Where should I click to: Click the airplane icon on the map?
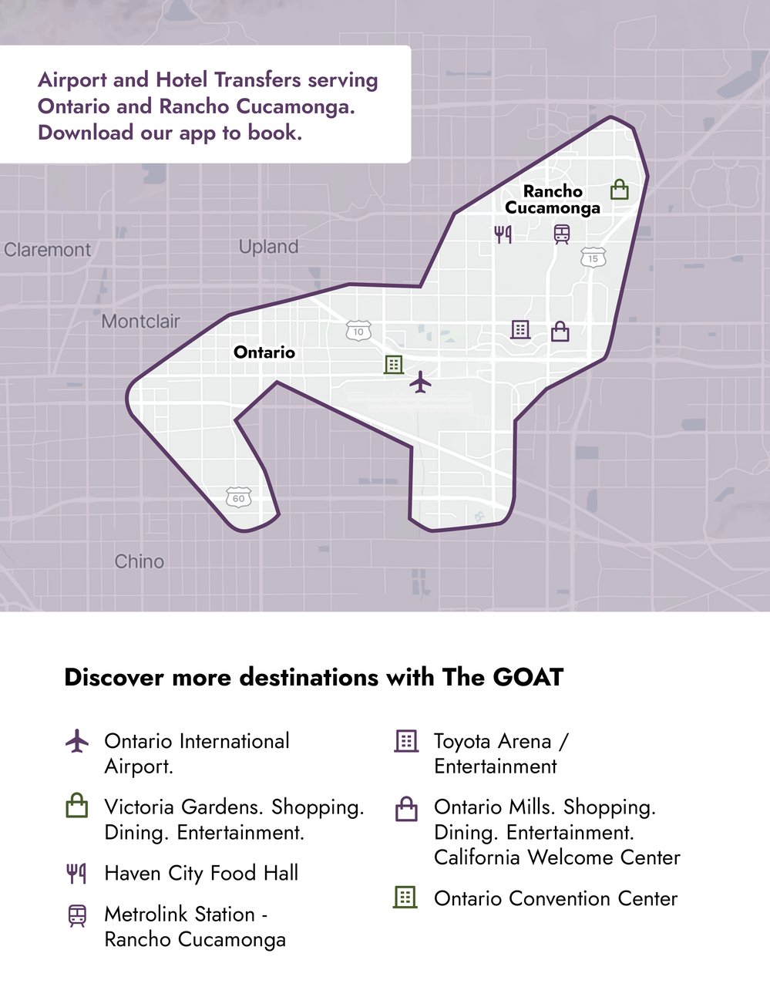(x=420, y=382)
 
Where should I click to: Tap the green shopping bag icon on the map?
(x=619, y=189)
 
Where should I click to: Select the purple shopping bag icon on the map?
(x=560, y=332)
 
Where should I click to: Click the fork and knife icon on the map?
(x=503, y=234)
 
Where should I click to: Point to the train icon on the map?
(x=562, y=234)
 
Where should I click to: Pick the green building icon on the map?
(x=394, y=364)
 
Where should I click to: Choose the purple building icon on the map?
(x=520, y=329)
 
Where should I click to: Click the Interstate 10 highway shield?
(x=358, y=332)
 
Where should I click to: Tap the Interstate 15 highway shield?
(x=593, y=258)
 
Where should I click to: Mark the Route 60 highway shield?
(x=239, y=498)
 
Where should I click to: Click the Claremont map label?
(x=47, y=250)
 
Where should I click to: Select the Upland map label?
(x=268, y=247)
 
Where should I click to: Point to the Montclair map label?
(x=141, y=321)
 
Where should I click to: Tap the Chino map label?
(x=140, y=561)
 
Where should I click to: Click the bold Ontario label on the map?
(x=264, y=352)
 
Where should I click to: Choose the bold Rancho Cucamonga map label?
(x=553, y=200)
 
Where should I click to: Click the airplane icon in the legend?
(x=77, y=742)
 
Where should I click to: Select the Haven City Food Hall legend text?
(x=201, y=873)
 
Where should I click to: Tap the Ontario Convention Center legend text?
(x=556, y=898)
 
